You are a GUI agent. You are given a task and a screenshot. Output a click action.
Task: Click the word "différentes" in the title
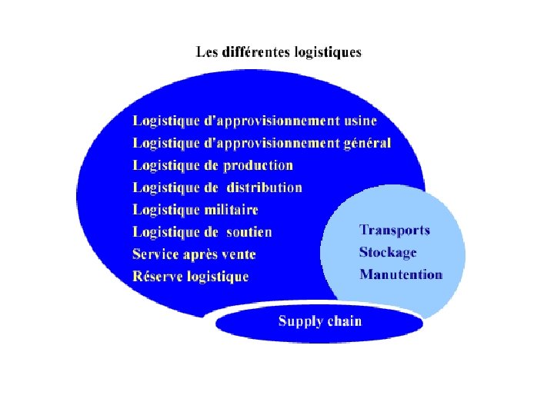point(253,52)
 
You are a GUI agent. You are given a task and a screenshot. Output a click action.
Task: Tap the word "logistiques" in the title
point(325,53)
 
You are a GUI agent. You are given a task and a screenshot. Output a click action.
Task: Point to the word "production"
point(259,165)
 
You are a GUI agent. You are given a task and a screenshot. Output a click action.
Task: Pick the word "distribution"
point(264,188)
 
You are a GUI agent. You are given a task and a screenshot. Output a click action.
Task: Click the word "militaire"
point(230,210)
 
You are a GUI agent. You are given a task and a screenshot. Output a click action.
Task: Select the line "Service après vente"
point(194,254)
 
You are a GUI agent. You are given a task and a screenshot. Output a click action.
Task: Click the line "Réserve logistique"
point(191,277)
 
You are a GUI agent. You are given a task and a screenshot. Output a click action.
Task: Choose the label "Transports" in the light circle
point(395,230)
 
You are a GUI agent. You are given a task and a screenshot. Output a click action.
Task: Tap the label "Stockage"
point(388,252)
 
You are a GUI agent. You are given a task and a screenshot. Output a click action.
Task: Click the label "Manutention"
point(401,274)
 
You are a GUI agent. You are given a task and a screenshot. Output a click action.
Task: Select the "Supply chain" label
point(319,321)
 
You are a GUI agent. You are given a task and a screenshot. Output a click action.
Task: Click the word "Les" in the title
point(207,52)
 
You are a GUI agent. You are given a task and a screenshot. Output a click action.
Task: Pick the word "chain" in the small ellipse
point(343,321)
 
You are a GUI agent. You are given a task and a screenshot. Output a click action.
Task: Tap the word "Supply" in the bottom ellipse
point(299,322)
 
